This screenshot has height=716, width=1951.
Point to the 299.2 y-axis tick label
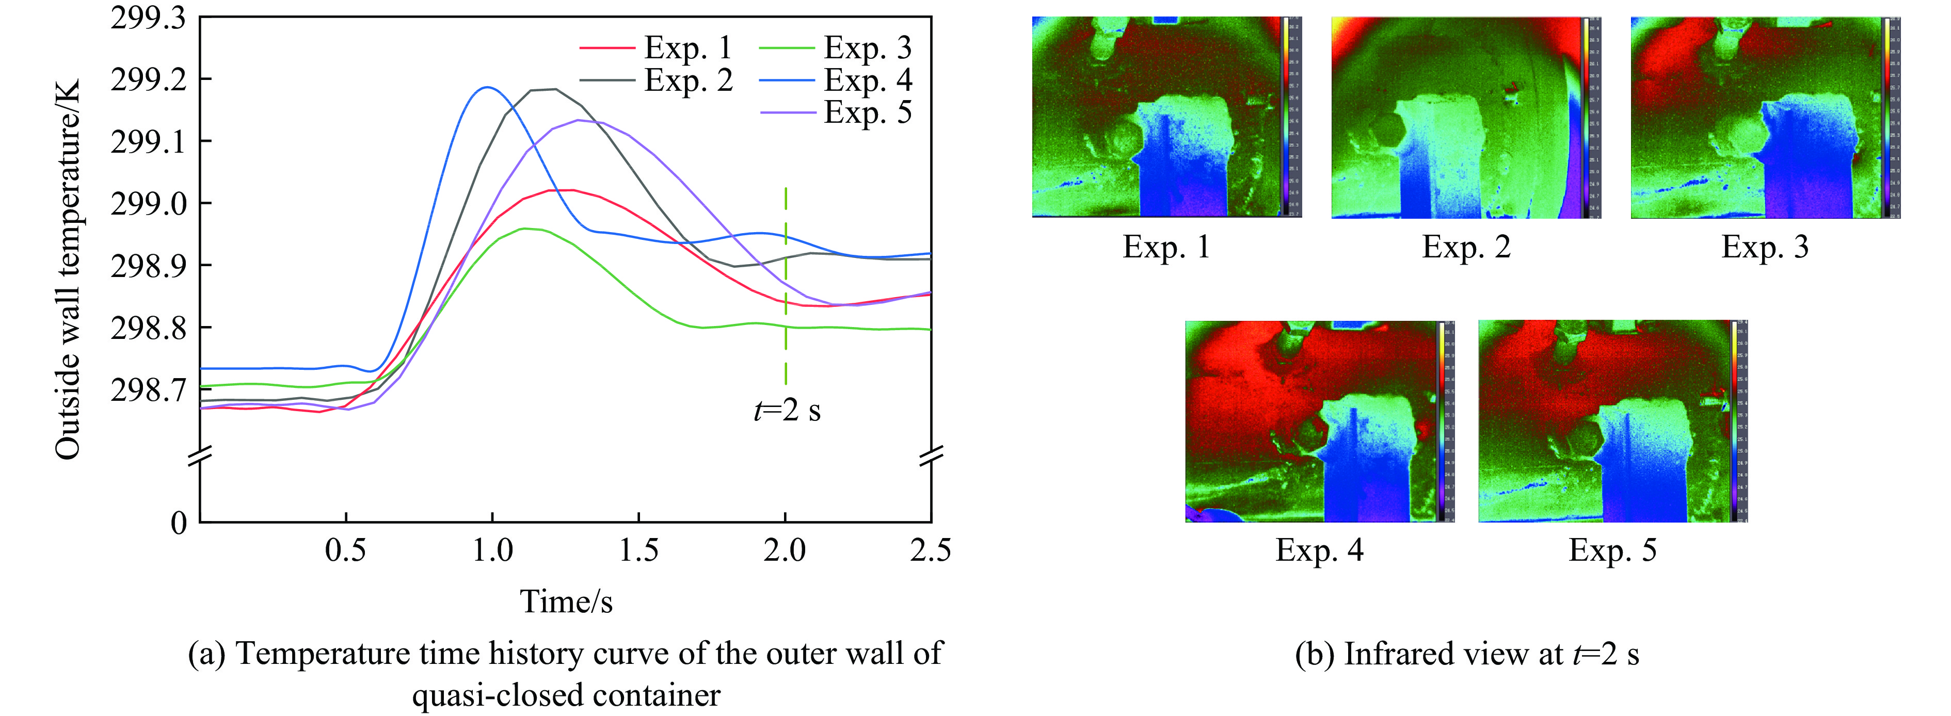[148, 79]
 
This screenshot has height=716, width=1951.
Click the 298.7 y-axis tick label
[148, 390]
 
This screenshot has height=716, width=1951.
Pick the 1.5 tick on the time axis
[638, 550]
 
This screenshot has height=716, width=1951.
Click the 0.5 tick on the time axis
[345, 550]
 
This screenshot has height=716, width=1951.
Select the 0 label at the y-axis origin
[179, 522]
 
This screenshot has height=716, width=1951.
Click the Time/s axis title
[566, 601]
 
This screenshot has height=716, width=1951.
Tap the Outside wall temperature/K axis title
[68, 269]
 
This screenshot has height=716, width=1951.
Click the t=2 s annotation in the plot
[787, 410]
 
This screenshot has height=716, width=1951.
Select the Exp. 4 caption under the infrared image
[1319, 550]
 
